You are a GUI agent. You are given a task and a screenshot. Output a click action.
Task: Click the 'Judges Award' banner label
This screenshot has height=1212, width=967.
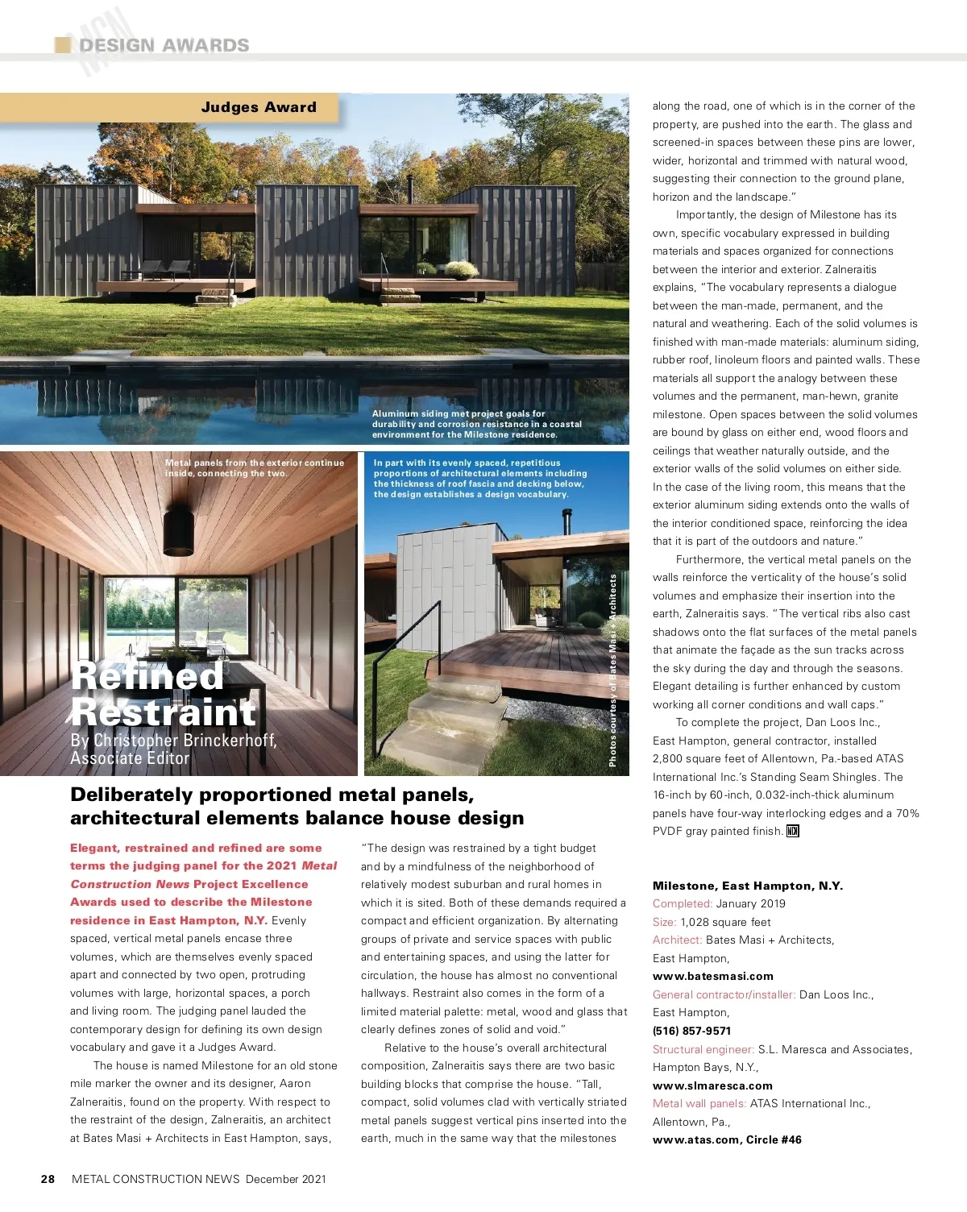(x=259, y=107)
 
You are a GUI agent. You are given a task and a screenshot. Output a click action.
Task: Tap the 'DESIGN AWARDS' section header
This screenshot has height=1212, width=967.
(x=164, y=46)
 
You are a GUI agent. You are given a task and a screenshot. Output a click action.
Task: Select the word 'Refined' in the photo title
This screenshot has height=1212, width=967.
(x=147, y=675)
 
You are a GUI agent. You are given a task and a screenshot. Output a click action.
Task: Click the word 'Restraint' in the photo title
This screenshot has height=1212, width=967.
(x=164, y=712)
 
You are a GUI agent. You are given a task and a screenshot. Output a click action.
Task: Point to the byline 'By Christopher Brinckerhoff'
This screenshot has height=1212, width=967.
(x=173, y=740)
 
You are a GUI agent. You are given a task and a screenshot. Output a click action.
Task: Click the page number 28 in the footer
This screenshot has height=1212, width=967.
(x=48, y=1179)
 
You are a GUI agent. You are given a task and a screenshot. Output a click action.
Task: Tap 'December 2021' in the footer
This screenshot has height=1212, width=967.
(x=286, y=1179)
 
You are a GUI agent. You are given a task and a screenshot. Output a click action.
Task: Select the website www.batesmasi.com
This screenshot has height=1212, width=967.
(x=712, y=976)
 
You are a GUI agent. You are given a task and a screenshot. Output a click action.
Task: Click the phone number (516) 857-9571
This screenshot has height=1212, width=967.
(x=691, y=1031)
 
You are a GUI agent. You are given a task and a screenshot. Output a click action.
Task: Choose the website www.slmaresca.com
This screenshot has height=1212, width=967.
(x=712, y=1085)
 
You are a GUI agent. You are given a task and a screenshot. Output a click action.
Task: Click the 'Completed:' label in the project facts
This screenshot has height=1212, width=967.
(x=683, y=903)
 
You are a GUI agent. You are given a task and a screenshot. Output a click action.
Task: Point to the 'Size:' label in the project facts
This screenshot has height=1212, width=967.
(x=665, y=922)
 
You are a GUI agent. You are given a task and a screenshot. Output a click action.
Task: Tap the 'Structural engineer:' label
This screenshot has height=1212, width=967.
(x=703, y=1049)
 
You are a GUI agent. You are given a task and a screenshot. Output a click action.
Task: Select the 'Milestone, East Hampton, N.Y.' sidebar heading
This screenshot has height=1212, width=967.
(x=748, y=886)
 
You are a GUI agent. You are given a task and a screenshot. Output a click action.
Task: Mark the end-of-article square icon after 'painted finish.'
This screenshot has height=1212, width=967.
(x=793, y=831)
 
